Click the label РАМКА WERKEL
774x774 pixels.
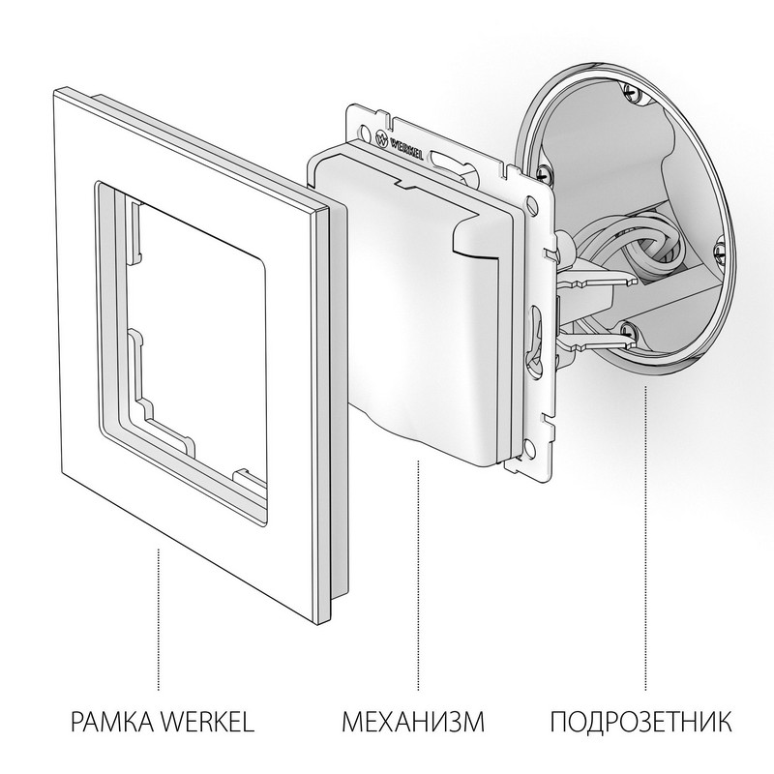tap(163, 721)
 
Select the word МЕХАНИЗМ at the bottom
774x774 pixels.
tap(412, 721)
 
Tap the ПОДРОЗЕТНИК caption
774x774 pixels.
tap(641, 721)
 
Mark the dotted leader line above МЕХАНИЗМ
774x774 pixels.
tap(417, 571)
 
